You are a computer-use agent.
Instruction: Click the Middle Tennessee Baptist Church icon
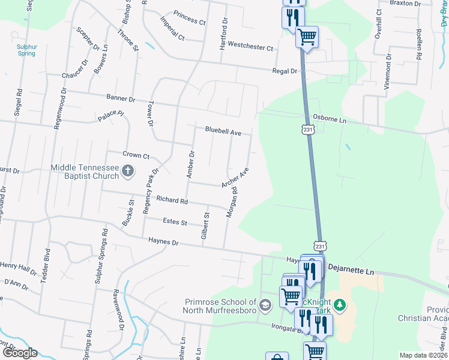(127, 172)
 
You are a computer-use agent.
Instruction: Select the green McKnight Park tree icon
(340, 305)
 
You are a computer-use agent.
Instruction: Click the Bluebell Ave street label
(223, 130)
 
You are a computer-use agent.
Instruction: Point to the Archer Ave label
(235, 178)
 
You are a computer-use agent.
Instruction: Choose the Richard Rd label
(172, 199)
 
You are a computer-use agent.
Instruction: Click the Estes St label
(175, 222)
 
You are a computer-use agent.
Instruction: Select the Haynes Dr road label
(163, 242)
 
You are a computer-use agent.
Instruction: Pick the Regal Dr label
(285, 71)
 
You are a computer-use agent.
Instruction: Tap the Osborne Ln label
(330, 120)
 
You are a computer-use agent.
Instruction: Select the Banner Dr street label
(121, 97)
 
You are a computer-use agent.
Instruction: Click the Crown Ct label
(136, 155)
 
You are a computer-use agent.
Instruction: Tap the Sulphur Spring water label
(26, 49)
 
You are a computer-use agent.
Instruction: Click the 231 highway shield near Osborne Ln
(307, 130)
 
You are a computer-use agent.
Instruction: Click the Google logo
(20, 352)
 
